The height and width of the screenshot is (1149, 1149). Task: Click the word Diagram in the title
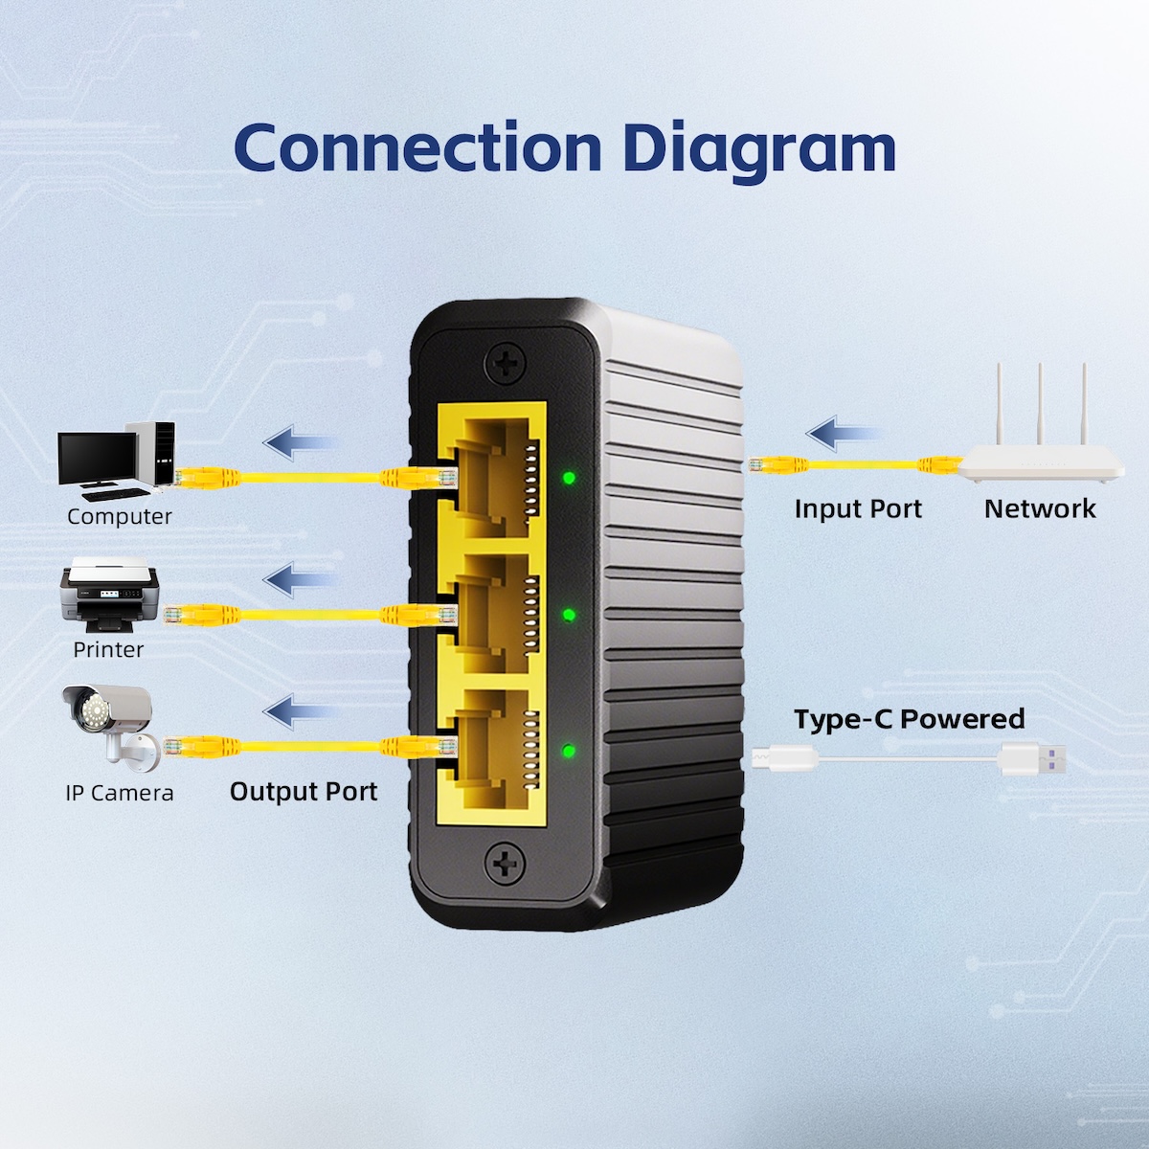pyautogui.click(x=758, y=149)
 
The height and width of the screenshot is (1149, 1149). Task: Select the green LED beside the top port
pyautogui.click(x=569, y=477)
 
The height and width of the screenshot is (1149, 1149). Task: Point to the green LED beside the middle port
pyautogui.click(x=569, y=615)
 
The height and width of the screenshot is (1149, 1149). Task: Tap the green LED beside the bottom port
pyautogui.click(x=569, y=751)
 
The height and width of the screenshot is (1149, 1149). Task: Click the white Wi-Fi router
pyautogui.click(x=1042, y=450)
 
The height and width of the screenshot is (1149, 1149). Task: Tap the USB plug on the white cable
pyautogui.click(x=1032, y=759)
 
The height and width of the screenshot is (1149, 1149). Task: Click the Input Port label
pyautogui.click(x=858, y=509)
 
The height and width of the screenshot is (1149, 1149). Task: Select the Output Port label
pyautogui.click(x=304, y=792)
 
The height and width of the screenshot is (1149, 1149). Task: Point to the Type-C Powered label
pyautogui.click(x=909, y=719)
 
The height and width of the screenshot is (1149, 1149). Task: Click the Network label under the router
pyautogui.click(x=1040, y=509)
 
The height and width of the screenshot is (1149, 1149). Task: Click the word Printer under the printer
pyautogui.click(x=108, y=650)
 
